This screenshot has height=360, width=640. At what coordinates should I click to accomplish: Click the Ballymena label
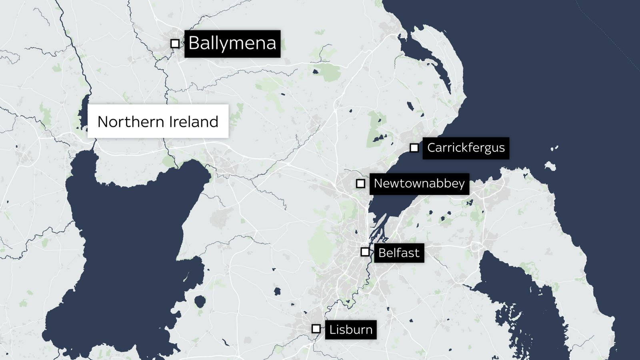232,44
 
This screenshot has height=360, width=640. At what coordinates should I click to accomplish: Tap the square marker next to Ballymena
175,43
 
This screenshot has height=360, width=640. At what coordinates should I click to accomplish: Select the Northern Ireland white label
158,121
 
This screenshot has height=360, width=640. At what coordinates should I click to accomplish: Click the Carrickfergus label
466,148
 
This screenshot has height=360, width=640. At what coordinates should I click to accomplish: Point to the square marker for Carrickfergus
414,148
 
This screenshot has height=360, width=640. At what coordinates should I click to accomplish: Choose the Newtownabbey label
419,184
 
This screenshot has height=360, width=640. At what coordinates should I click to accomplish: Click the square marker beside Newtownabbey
360,184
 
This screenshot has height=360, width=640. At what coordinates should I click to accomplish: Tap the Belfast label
399,253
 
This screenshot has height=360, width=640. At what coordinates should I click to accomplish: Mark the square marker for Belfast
365,252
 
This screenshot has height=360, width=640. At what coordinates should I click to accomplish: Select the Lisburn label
350,330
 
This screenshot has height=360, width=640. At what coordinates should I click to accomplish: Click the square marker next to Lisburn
316,329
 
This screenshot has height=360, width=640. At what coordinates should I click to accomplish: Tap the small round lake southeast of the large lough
200,301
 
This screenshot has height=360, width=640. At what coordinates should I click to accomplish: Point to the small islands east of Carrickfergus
550,165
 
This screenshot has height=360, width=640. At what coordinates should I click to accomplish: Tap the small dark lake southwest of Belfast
277,291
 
